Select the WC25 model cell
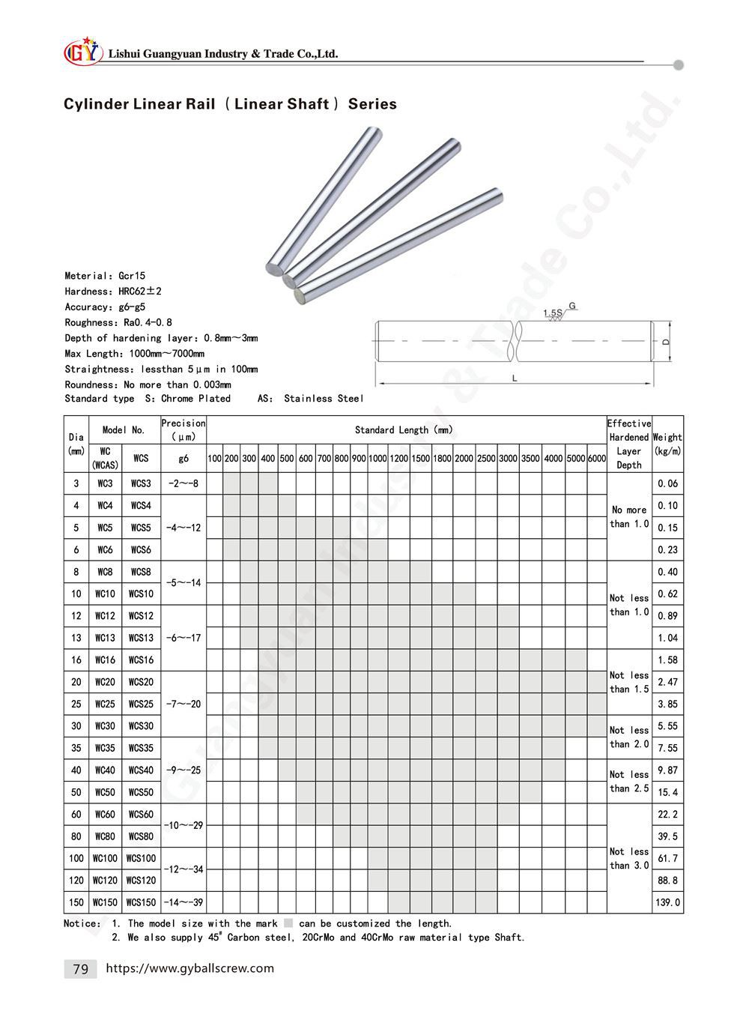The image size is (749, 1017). pyautogui.click(x=105, y=704)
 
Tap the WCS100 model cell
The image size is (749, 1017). pyautogui.click(x=141, y=858)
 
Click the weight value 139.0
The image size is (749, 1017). pyautogui.click(x=667, y=903)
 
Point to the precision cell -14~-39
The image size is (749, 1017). pyautogui.click(x=183, y=903)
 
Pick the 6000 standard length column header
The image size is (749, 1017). pyautogui.click(x=597, y=459)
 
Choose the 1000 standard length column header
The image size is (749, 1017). pyautogui.click(x=377, y=459)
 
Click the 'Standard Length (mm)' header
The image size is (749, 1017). pyautogui.click(x=404, y=430)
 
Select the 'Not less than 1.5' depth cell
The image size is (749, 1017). pyautogui.click(x=628, y=682)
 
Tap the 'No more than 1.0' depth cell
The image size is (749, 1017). pyautogui.click(x=628, y=516)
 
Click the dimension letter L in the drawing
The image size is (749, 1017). pyautogui.click(x=515, y=378)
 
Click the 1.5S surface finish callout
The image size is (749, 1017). pyautogui.click(x=553, y=312)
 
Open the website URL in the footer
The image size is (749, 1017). pyautogui.click(x=190, y=968)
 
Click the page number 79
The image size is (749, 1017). pyautogui.click(x=80, y=969)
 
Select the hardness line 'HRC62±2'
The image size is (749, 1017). pyautogui.click(x=113, y=292)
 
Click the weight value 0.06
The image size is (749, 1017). pyautogui.click(x=667, y=484)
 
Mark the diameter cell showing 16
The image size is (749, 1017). pyautogui.click(x=76, y=660)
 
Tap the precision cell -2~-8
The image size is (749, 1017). pyautogui.click(x=183, y=484)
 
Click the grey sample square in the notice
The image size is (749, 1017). pyautogui.click(x=288, y=924)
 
